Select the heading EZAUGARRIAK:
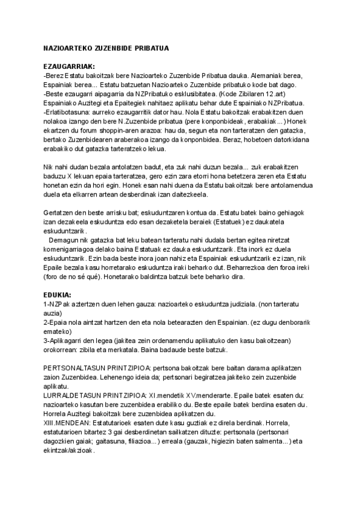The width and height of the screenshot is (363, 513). (66, 66)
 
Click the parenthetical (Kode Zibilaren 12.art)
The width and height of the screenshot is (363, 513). (255, 95)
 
